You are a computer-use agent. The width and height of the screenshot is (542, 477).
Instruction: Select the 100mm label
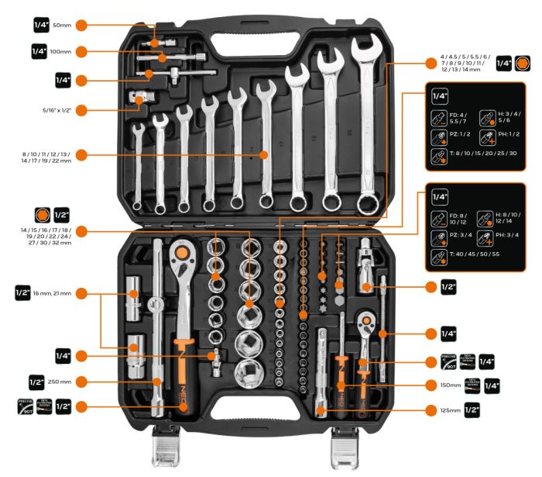61,52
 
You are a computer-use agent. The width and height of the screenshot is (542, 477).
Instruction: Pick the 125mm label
449,409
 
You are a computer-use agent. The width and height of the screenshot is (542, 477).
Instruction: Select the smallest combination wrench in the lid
138,167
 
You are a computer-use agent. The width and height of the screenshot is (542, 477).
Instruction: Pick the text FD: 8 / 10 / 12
461,214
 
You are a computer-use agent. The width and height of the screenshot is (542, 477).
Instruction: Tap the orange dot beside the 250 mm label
81,382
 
